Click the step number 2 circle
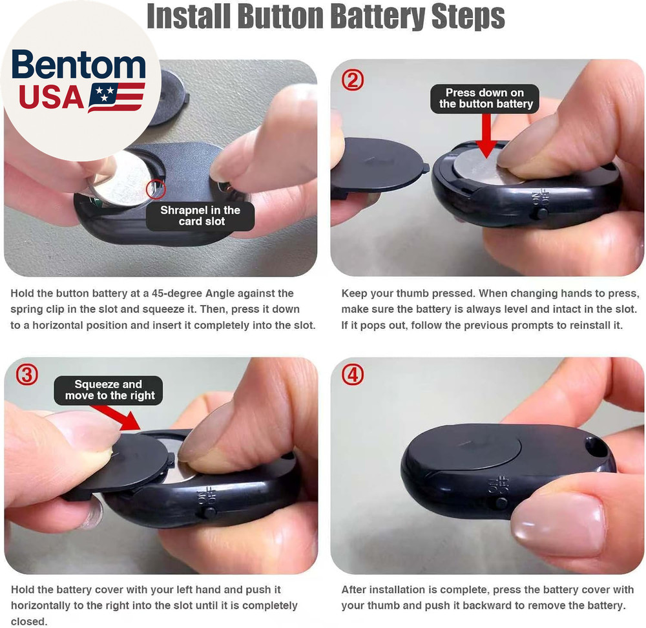[353, 80]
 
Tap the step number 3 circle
[26, 376]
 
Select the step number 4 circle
[353, 376]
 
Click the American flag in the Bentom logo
[117, 97]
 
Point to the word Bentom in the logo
[79, 66]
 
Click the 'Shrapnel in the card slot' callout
[200, 216]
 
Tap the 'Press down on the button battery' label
[485, 98]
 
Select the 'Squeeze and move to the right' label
[110, 390]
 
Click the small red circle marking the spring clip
[156, 189]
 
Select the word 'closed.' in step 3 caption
[28, 622]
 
